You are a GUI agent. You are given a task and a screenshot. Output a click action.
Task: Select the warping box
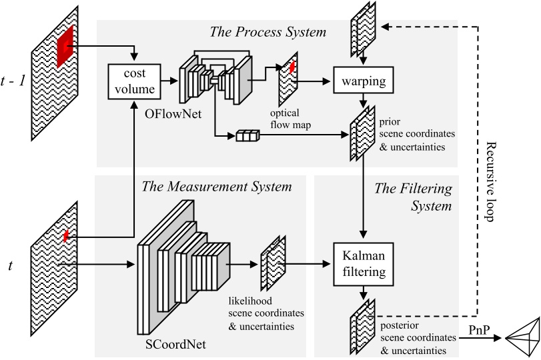(361, 82)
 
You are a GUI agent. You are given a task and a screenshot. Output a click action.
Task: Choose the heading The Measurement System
(217, 186)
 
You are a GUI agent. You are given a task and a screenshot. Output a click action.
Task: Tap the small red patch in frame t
(66, 235)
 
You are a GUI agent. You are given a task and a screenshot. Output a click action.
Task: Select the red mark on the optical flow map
(292, 67)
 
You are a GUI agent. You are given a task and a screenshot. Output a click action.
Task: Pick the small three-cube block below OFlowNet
(246, 137)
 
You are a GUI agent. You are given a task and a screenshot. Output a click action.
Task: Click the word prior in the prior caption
(391, 122)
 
